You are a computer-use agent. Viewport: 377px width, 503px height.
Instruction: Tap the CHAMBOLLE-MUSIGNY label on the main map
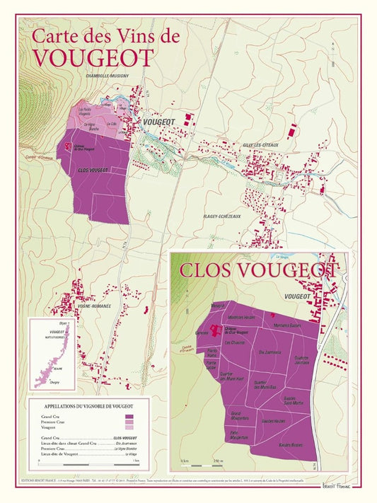point(105,76)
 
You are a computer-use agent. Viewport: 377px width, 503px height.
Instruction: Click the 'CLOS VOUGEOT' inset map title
point(258,270)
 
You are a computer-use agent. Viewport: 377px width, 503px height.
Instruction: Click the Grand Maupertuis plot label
point(238,415)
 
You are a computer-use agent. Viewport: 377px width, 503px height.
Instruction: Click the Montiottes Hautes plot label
point(240,317)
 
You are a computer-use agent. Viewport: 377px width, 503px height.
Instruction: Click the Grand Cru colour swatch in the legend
point(128,417)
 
